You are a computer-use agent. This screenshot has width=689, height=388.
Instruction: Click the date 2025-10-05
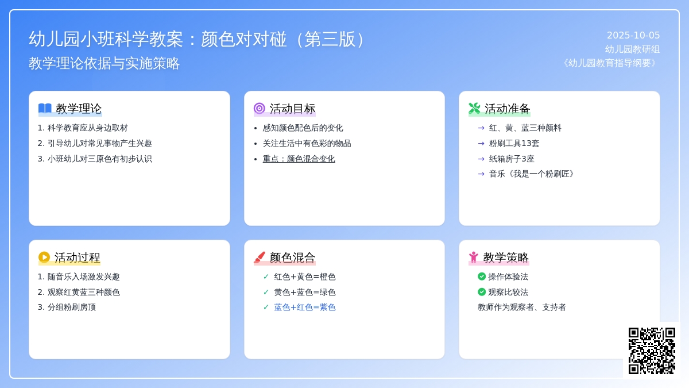point(633,36)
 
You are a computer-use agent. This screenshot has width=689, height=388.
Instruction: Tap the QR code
point(652,351)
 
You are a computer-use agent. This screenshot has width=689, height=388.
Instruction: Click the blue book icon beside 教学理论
point(45,109)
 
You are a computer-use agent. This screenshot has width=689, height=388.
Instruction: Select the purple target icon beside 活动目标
point(260,109)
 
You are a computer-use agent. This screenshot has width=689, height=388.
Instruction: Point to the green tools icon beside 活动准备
point(474,109)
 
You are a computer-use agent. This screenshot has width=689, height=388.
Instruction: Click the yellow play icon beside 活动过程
point(44,257)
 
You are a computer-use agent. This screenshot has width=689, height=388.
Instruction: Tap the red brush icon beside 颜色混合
point(260,257)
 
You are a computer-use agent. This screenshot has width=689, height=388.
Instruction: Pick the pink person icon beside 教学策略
point(474,257)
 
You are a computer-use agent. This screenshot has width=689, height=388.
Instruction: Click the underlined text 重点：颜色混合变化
point(299,159)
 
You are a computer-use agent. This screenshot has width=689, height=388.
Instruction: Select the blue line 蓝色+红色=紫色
point(304,308)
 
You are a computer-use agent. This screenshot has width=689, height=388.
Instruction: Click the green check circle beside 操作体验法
point(482,276)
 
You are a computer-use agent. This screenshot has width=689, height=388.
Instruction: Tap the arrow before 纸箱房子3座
point(481,159)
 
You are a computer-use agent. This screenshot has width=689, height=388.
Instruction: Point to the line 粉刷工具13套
point(514,144)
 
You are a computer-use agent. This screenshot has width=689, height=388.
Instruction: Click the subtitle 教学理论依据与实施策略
point(104,63)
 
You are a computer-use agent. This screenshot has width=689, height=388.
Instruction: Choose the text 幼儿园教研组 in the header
point(632,49)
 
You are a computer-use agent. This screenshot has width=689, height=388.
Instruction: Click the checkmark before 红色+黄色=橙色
point(266,276)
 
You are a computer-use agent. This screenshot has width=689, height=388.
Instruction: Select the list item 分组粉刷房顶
point(71,308)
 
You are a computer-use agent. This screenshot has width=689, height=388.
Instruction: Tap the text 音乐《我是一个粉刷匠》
point(531,174)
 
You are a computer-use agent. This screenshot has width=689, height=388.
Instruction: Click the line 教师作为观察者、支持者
point(522,308)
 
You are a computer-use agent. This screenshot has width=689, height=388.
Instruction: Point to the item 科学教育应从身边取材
point(87,128)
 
